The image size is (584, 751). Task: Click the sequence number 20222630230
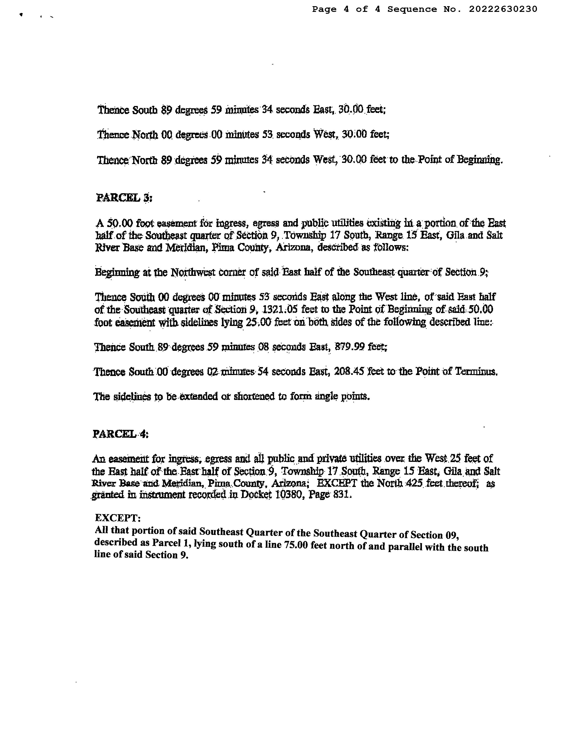(x=503, y=9)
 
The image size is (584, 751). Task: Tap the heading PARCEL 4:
(x=121, y=434)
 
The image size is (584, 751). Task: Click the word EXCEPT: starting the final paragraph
(x=118, y=518)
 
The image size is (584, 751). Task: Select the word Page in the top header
(x=324, y=9)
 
